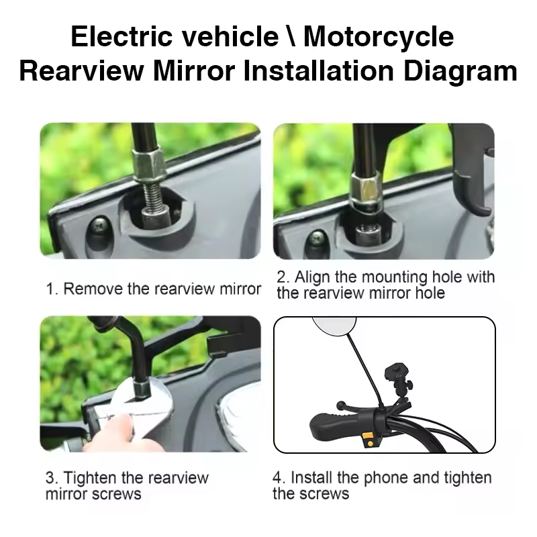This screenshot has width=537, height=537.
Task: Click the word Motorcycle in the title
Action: (x=379, y=37)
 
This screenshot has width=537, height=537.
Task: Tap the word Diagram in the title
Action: (x=460, y=72)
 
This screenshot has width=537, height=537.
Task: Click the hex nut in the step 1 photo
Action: (x=149, y=164)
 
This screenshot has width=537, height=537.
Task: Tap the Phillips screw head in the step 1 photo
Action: (x=99, y=225)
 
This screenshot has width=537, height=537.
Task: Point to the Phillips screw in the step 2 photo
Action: (x=318, y=237)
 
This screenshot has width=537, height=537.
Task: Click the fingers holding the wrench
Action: (x=113, y=432)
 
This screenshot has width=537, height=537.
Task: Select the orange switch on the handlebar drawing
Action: (x=368, y=440)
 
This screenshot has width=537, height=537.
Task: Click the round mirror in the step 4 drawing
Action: (x=334, y=325)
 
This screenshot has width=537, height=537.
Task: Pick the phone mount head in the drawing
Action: (x=397, y=373)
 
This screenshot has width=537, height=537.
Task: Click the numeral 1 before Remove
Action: (x=50, y=289)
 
